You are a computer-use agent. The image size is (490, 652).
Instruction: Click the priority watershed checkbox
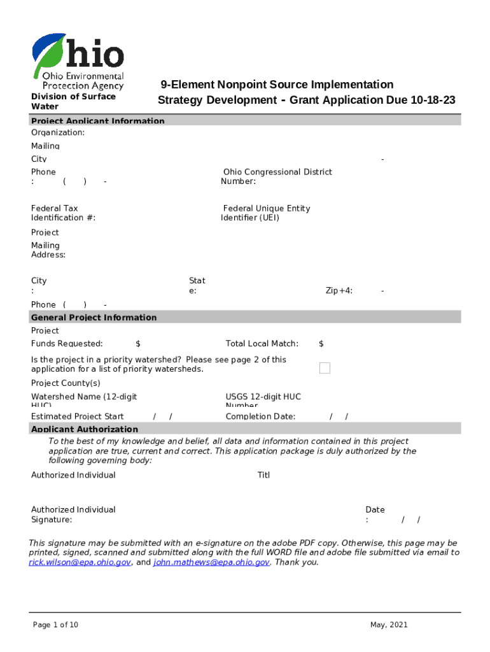click(x=325, y=368)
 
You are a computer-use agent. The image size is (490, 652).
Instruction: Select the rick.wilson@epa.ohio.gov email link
click(x=80, y=563)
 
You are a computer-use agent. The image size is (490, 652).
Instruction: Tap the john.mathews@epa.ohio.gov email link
click(x=211, y=563)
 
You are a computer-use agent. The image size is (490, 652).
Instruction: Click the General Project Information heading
click(x=94, y=317)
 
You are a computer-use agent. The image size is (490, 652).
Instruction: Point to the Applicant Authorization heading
click(x=85, y=429)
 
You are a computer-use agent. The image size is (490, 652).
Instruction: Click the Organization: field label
click(x=58, y=132)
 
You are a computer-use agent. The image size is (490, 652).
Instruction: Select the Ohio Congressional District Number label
click(x=276, y=176)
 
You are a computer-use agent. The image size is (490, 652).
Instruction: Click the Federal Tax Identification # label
click(x=63, y=213)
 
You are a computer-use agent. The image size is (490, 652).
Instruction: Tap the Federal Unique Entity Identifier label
click(x=265, y=213)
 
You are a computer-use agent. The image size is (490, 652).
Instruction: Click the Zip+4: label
click(x=339, y=290)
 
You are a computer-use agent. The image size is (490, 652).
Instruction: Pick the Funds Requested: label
click(x=67, y=344)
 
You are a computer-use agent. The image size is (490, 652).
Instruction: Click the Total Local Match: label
click(x=262, y=344)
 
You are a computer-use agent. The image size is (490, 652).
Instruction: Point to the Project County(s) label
click(x=66, y=383)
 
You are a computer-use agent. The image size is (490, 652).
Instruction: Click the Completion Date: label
click(x=260, y=416)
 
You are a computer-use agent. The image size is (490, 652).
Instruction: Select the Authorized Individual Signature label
click(x=73, y=514)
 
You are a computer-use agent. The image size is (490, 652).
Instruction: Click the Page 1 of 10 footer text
click(x=55, y=625)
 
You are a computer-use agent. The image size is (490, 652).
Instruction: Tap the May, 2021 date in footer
click(x=389, y=625)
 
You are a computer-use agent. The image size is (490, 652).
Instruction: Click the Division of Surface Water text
click(x=73, y=101)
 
